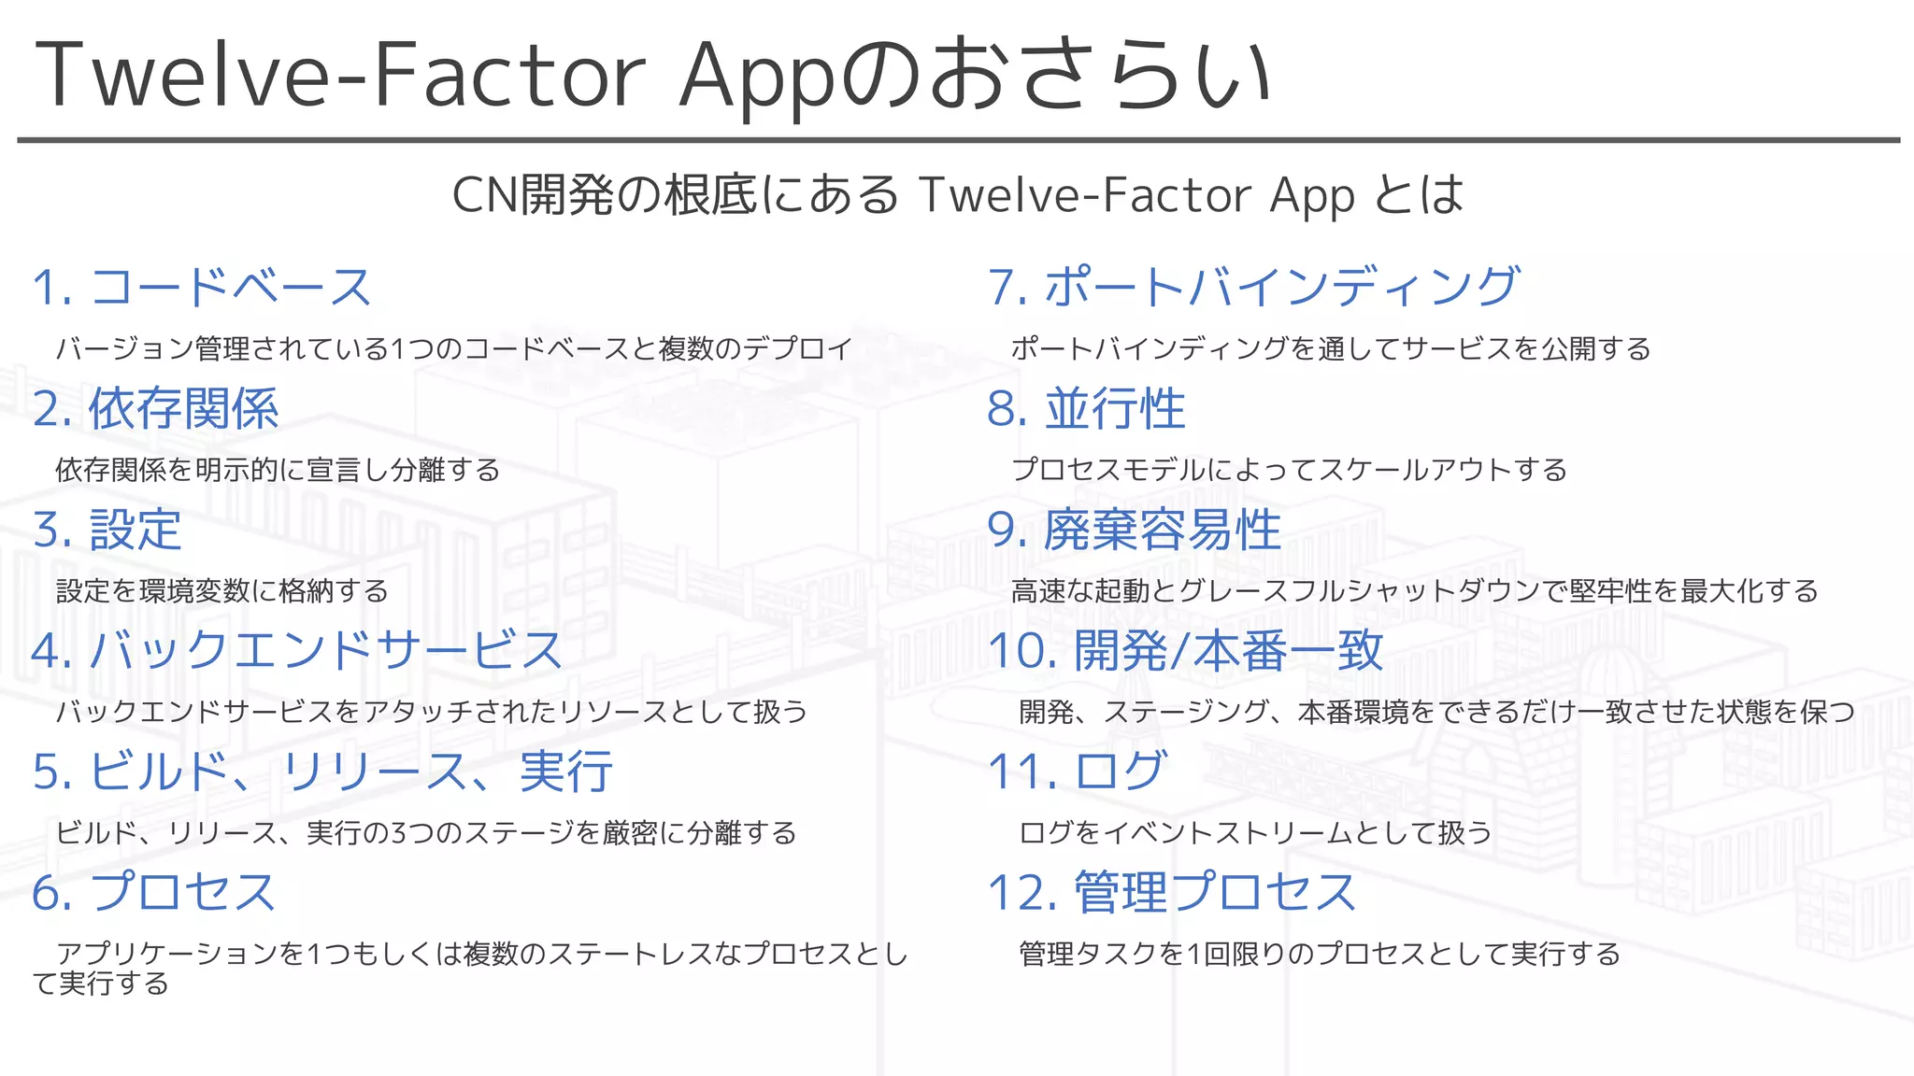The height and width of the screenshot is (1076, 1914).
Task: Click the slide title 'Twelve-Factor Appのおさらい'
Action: tap(651, 75)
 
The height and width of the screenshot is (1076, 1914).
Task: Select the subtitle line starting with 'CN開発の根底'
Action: tap(957, 194)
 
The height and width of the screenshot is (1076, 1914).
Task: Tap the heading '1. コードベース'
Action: tap(202, 287)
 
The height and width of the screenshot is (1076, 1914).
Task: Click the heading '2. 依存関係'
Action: tap(155, 408)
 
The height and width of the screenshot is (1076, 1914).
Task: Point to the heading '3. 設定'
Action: tap(107, 530)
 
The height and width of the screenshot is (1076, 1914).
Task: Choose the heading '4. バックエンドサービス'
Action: tap(297, 650)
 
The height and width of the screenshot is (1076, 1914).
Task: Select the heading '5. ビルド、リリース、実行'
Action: tap(322, 772)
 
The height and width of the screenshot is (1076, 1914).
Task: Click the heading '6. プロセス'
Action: tap(153, 892)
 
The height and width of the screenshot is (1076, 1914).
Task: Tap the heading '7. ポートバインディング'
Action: tap(1253, 287)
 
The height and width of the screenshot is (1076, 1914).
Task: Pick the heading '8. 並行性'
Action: tap(1086, 408)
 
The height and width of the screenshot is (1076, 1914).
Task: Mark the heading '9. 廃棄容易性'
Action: tap(1134, 530)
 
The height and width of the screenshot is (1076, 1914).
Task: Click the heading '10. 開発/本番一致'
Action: tap(1185, 650)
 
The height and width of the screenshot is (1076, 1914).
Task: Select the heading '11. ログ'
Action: tap(1077, 772)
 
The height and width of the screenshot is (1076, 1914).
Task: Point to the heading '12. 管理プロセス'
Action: tap(1172, 892)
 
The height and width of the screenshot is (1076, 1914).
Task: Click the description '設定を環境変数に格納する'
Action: tap(221, 590)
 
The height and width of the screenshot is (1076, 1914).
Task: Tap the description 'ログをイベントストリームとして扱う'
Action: tap(1254, 832)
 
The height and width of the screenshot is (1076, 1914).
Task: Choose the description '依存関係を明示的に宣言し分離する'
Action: tap(278, 469)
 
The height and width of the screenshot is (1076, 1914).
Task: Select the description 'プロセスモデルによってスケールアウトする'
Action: tap(1289, 469)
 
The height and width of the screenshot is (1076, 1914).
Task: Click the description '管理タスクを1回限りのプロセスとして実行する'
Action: tap(1319, 954)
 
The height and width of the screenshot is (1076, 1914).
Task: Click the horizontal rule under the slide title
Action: tap(957, 140)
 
